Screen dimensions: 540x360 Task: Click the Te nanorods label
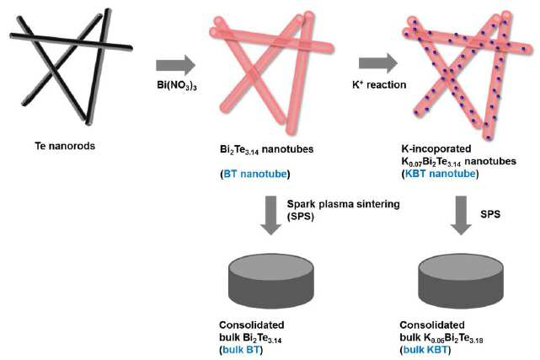tap(65, 146)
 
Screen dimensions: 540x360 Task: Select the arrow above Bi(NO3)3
tap(175, 65)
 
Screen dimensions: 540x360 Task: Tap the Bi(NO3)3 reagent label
tap(177, 85)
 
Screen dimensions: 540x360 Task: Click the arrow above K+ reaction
tap(378, 63)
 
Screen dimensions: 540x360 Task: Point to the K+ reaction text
tap(379, 84)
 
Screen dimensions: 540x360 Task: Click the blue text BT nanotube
tap(255, 174)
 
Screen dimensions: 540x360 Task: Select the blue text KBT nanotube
tap(440, 174)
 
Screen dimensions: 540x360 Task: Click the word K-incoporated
tap(436, 149)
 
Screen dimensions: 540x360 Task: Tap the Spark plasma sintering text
tap(344, 204)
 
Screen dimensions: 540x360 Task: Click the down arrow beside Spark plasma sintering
tap(271, 215)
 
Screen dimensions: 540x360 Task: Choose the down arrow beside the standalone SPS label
tap(461, 215)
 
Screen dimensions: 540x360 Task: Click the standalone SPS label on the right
tap(490, 214)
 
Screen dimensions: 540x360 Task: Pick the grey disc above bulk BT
tap(271, 281)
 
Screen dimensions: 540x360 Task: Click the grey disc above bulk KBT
tap(461, 281)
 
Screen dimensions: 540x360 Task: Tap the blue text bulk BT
tap(241, 350)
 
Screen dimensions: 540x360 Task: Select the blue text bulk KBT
tap(425, 350)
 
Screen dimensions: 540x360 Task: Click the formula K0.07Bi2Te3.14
tap(431, 162)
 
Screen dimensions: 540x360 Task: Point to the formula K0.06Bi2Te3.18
tap(453, 338)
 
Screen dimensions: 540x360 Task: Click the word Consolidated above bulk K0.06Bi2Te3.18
tap(432, 325)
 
